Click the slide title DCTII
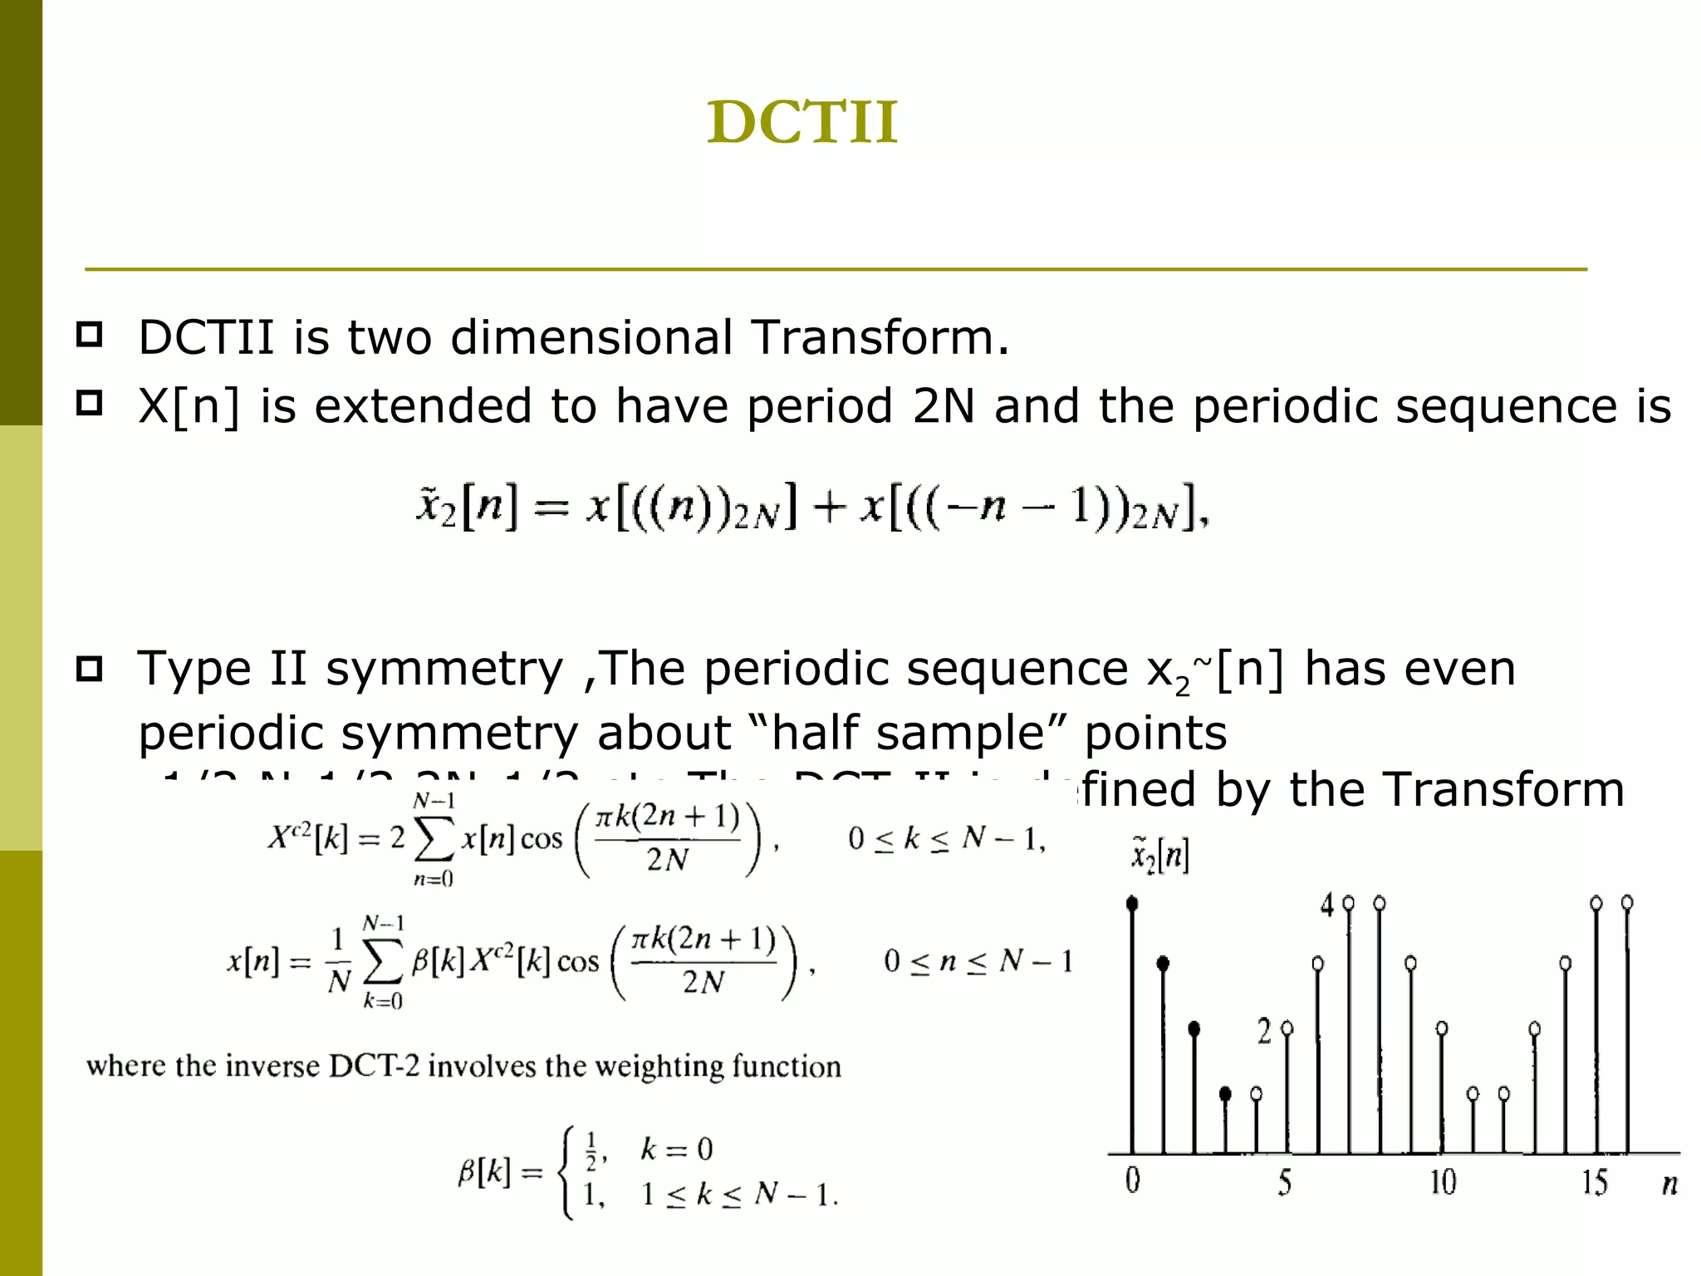pyautogui.click(x=802, y=122)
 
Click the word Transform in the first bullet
pyautogui.click(x=880, y=338)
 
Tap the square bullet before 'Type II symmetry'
pyautogui.click(x=89, y=669)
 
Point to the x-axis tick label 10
pyautogui.click(x=1442, y=1182)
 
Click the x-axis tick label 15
pyautogui.click(x=1594, y=1182)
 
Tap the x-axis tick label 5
pyautogui.click(x=1285, y=1182)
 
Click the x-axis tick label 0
pyautogui.click(x=1132, y=1180)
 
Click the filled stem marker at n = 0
pyautogui.click(x=1132, y=904)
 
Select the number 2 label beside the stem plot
pyautogui.click(x=1264, y=1031)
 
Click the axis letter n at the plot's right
pyautogui.click(x=1669, y=1184)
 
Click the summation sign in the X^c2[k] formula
pyautogui.click(x=434, y=839)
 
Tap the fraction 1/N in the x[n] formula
pyautogui.click(x=338, y=961)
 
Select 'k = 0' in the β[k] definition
pyautogui.click(x=676, y=1149)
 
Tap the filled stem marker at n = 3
pyautogui.click(x=1225, y=1094)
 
